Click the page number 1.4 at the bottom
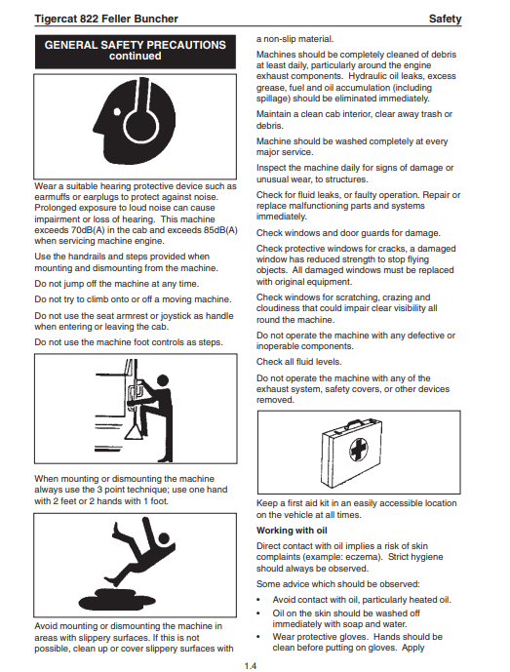pyautogui.click(x=251, y=665)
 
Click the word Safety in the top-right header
pyautogui.click(x=445, y=19)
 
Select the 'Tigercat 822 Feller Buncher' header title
pyautogui.click(x=106, y=19)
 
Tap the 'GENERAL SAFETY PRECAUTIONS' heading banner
pyautogui.click(x=136, y=52)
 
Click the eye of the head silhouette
pyautogui.click(x=117, y=112)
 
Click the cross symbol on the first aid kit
pyautogui.click(x=358, y=450)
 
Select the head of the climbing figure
pyautogui.click(x=163, y=380)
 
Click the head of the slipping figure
pyautogui.click(x=164, y=538)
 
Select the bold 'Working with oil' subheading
pyautogui.click(x=292, y=531)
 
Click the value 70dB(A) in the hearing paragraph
pyautogui.click(x=88, y=230)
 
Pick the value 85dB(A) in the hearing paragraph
pyautogui.click(x=220, y=230)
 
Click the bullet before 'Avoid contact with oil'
pyautogui.click(x=258, y=601)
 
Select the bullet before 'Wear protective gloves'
pyautogui.click(x=258, y=637)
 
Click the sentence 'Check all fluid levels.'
pyautogui.click(x=299, y=362)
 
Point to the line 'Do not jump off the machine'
pyautogui.click(x=117, y=284)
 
